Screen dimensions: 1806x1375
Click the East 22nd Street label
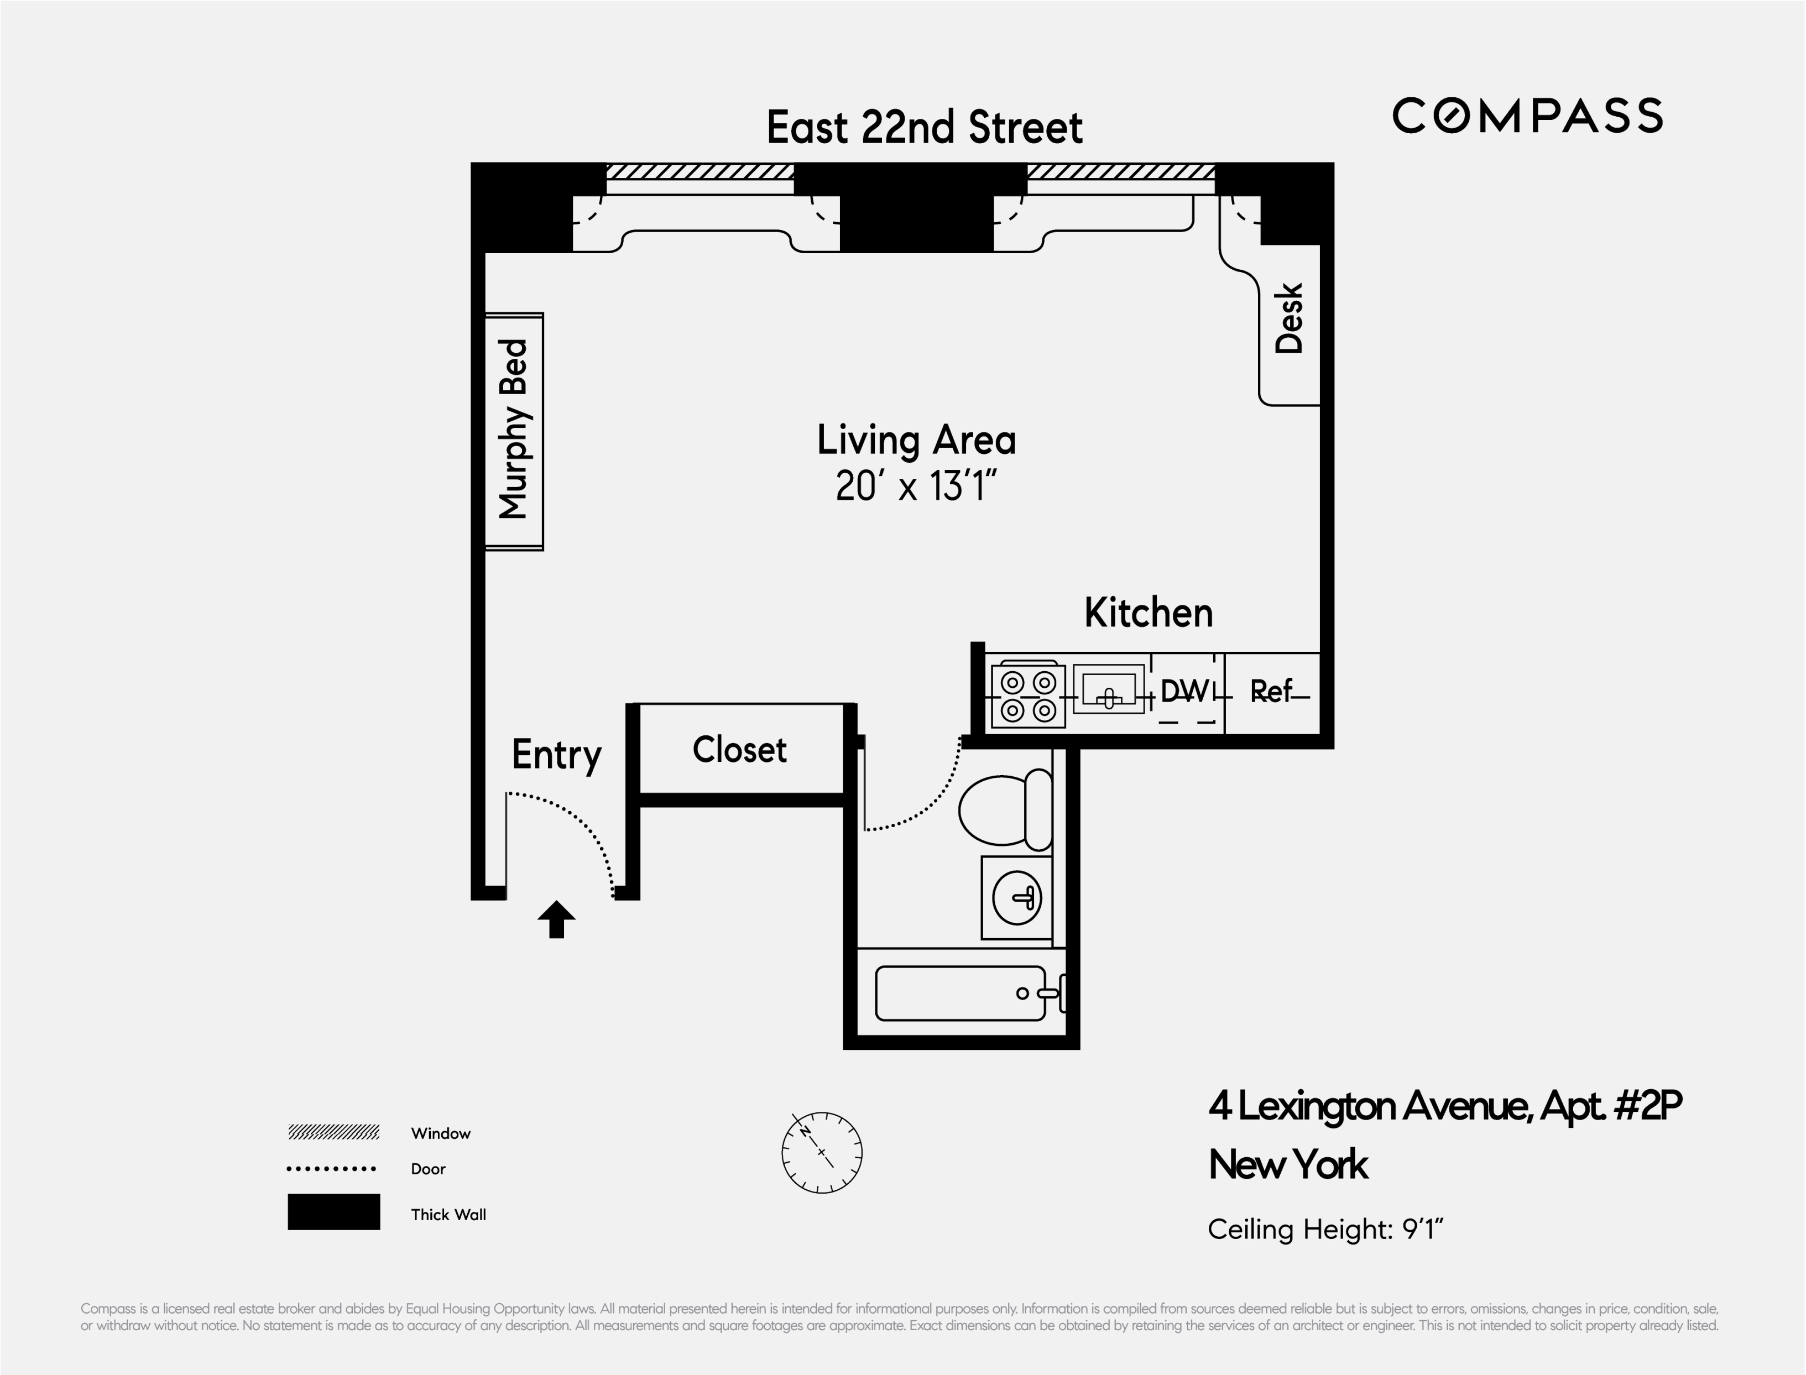pyautogui.click(x=924, y=128)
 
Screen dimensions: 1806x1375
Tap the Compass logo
pyautogui.click(x=1528, y=116)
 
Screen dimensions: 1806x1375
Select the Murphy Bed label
pyautogui.click(x=513, y=429)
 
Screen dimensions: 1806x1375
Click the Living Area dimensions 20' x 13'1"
pyautogui.click(x=916, y=486)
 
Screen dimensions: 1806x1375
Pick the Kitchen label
pyautogui.click(x=1149, y=613)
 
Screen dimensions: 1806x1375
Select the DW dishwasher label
pyautogui.click(x=1184, y=692)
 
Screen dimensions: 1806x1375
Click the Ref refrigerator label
pyautogui.click(x=1271, y=692)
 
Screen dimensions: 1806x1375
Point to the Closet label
pyautogui.click(x=739, y=750)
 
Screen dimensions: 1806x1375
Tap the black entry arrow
pyautogui.click(x=557, y=919)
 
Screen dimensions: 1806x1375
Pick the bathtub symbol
pyautogui.click(x=961, y=993)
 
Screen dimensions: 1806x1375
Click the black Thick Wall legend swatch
pyautogui.click(x=334, y=1212)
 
